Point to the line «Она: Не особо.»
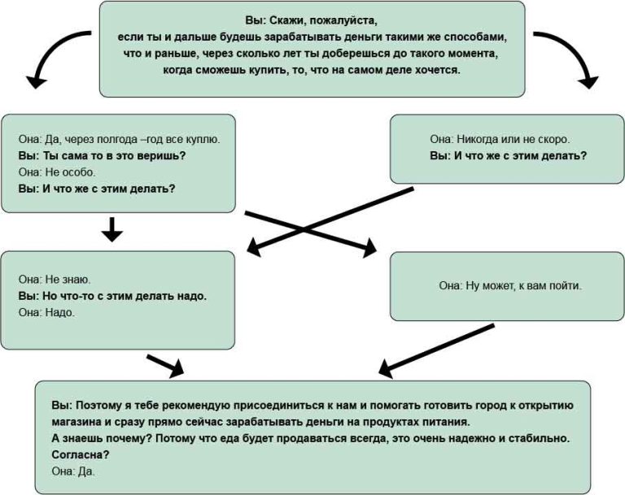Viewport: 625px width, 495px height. [57, 172]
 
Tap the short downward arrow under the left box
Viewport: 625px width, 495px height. [112, 229]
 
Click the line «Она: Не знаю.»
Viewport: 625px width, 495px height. [55, 279]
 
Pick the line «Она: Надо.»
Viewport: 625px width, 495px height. [46, 312]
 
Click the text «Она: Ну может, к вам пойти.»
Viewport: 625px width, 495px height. [510, 285]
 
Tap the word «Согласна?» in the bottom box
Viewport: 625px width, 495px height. [81, 455]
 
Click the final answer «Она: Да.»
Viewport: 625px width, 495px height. [73, 471]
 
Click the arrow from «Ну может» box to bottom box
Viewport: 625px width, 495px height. [436, 350]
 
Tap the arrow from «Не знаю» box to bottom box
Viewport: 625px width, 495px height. [165, 365]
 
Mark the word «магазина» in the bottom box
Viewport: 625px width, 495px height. [76, 422]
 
